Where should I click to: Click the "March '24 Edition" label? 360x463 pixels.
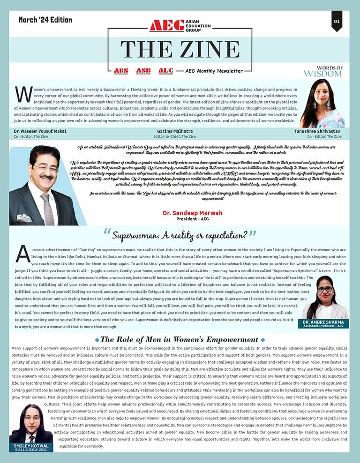pyautogui.click(x=45, y=20)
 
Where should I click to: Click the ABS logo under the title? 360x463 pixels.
pyautogui.click(x=120, y=71)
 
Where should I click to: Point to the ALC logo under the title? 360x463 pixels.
pyautogui.click(x=165, y=71)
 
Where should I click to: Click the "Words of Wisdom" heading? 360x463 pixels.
pyautogui.click(x=322, y=71)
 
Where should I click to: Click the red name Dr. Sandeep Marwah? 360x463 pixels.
pyautogui.click(x=192, y=213)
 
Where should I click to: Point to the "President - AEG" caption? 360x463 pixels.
pyautogui.click(x=192, y=219)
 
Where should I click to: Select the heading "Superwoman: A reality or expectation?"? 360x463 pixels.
pyautogui.click(x=180, y=234)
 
